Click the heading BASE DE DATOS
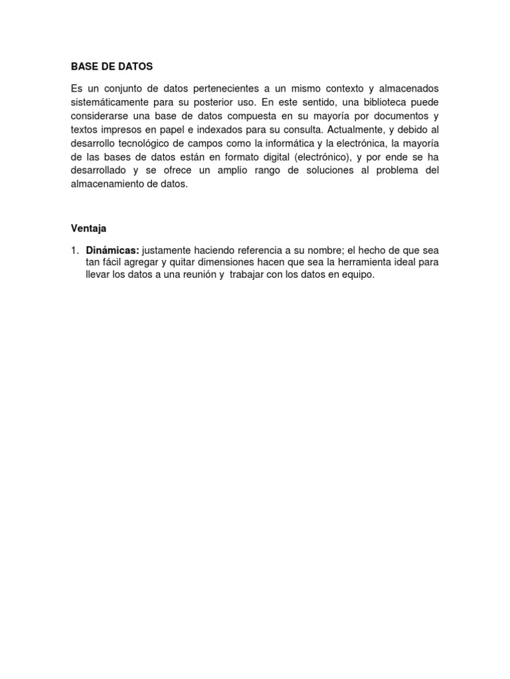coord(112,67)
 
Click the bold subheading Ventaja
coord(89,228)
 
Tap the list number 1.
coord(75,251)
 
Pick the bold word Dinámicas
coord(112,251)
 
